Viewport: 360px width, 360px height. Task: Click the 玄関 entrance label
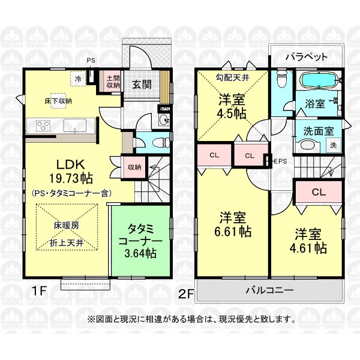click(142, 85)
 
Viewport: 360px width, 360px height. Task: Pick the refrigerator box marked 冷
click(78, 79)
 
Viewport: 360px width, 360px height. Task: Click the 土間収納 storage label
click(113, 82)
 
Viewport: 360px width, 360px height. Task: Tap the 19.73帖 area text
click(71, 178)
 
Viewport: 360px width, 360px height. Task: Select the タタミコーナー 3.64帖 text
click(140, 241)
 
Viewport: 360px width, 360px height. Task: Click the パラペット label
click(306, 57)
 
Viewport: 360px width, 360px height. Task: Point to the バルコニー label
click(269, 290)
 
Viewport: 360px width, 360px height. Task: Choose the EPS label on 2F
click(280, 161)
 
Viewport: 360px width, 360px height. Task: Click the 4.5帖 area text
click(232, 113)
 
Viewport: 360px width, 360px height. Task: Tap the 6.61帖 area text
click(233, 232)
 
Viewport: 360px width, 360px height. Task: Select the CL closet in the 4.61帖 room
click(319, 192)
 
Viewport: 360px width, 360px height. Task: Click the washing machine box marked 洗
click(334, 145)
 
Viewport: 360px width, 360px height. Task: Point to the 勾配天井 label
click(232, 78)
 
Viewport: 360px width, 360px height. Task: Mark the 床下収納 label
click(58, 101)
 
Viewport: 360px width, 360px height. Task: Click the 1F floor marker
click(39, 292)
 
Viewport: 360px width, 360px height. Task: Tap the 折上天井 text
click(67, 243)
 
